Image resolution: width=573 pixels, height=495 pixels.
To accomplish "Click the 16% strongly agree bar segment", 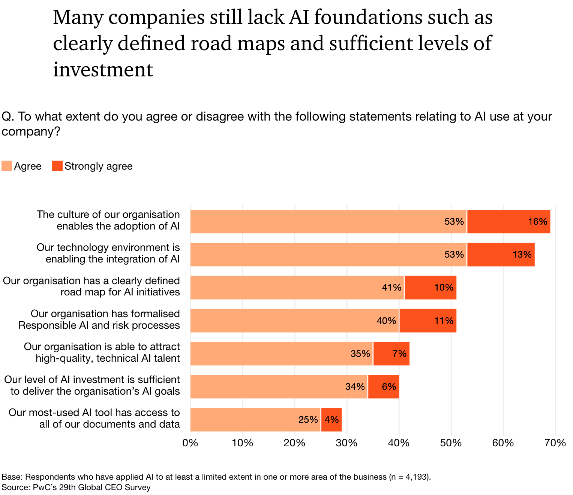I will (508, 222).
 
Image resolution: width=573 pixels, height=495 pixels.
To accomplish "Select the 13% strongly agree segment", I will (501, 255).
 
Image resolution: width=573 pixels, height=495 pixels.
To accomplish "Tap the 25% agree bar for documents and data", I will (255, 420).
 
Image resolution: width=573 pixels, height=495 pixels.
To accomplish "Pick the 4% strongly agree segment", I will (331, 420).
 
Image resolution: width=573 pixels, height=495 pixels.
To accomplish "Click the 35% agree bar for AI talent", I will (281, 354).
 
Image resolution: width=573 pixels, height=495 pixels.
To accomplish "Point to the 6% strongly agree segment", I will (383, 387).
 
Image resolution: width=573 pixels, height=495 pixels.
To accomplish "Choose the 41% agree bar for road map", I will (297, 288).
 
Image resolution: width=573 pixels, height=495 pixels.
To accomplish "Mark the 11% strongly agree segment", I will (427, 321).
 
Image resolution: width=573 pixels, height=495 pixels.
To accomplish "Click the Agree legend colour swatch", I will (7, 166).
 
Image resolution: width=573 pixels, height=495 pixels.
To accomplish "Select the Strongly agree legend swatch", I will (57, 166).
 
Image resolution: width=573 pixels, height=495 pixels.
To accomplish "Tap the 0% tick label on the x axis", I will (190, 443).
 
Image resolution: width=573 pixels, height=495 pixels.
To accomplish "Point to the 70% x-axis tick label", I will (555, 443).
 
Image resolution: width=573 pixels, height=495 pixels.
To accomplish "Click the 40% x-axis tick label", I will (399, 443).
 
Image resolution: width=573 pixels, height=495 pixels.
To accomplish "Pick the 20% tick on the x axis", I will (294, 443).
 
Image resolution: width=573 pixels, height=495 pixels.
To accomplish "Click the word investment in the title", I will (103, 70).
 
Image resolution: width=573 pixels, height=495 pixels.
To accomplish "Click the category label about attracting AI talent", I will (102, 352).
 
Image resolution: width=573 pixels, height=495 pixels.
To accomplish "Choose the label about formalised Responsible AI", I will (99, 319).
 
